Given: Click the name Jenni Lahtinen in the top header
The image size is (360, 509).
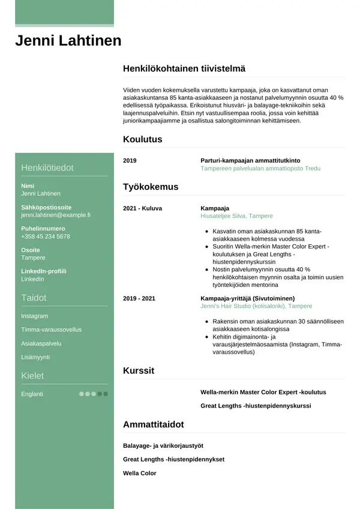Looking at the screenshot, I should (68, 41).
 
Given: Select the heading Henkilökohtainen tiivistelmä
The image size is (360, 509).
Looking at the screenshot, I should (184, 69).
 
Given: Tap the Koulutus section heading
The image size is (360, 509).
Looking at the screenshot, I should (142, 139).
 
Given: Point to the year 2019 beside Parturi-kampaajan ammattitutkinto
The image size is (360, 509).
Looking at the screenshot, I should (130, 161).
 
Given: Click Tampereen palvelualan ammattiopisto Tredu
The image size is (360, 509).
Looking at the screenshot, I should (260, 169).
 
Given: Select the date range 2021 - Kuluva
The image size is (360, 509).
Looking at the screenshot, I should (142, 208).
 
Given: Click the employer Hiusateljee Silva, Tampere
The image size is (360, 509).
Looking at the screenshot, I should (236, 216).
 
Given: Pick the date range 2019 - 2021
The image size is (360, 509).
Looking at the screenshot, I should (139, 298).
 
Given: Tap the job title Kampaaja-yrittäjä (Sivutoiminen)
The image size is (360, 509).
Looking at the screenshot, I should (247, 298).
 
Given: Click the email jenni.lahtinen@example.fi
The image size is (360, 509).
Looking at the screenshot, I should (55, 214).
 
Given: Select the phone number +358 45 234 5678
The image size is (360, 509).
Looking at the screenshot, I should (46, 236).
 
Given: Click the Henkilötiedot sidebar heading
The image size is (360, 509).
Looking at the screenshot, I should (47, 167).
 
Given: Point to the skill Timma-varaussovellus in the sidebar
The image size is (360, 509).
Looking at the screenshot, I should (51, 330).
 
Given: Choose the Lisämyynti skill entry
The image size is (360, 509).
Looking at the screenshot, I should (35, 357).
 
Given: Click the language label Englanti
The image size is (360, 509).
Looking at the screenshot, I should (32, 394).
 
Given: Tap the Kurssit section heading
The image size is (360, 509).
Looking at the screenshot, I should (138, 370).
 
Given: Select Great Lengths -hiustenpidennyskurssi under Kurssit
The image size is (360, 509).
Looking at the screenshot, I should (256, 406).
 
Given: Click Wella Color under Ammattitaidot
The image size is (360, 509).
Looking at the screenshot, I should (139, 473).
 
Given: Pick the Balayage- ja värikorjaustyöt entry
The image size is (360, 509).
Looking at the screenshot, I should (163, 445).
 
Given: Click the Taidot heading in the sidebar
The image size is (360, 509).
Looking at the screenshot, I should (34, 298).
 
